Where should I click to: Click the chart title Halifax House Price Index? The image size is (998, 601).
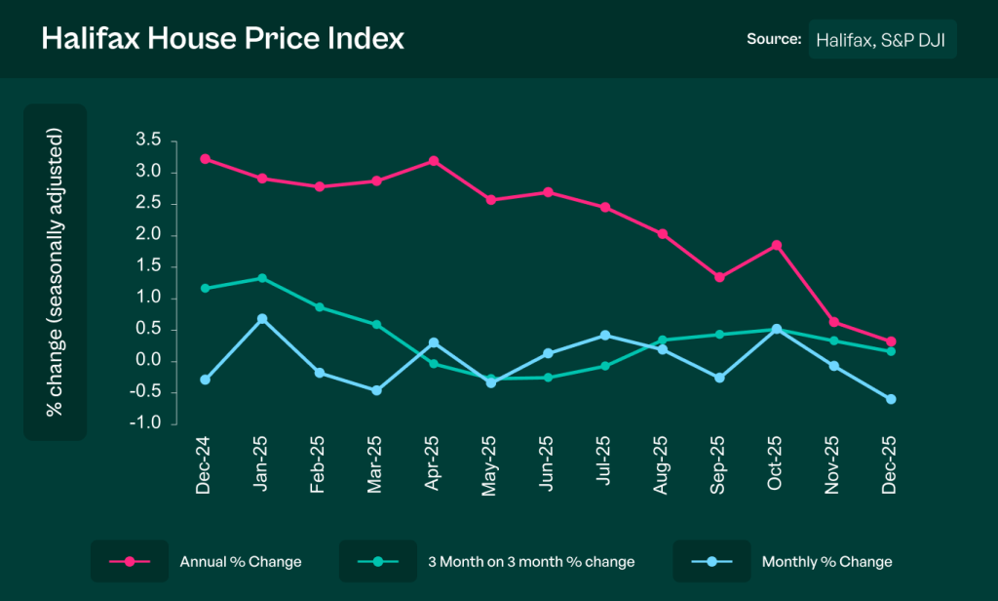click(222, 39)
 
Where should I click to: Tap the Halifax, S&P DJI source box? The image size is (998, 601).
click(882, 39)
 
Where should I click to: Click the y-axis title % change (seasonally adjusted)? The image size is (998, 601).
click(55, 272)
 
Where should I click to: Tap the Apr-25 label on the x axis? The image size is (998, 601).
click(433, 466)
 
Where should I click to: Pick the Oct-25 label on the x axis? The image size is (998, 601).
click(777, 466)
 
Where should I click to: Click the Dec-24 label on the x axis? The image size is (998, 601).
click(204, 466)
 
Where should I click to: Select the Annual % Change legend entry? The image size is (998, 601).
click(241, 562)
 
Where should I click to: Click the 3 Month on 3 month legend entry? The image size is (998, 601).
click(531, 562)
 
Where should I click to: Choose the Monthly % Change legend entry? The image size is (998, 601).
click(826, 562)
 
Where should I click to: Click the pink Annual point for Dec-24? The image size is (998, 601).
click(205, 159)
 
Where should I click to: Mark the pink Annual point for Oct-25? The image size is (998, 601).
click(777, 245)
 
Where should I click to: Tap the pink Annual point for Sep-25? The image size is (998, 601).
click(719, 277)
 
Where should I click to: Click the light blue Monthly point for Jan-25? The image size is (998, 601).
click(262, 319)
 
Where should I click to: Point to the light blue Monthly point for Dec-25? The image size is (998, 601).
click(891, 399)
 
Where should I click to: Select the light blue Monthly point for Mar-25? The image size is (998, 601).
click(376, 390)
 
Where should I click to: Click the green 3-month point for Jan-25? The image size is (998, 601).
click(262, 278)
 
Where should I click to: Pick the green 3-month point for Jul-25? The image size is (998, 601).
click(605, 366)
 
